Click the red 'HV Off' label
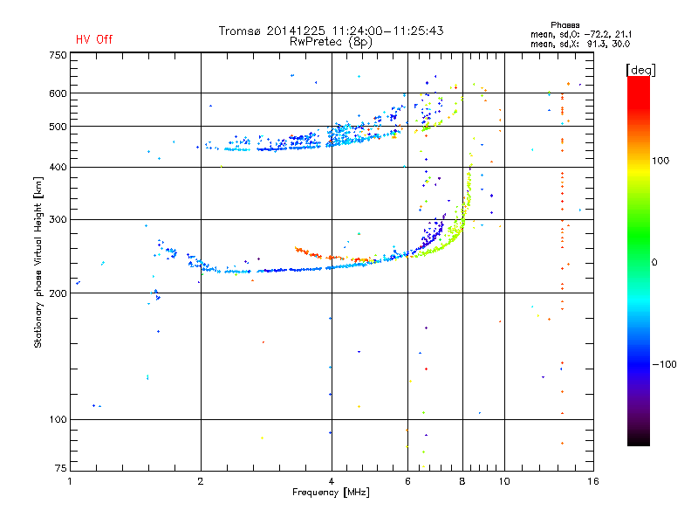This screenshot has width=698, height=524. click(94, 39)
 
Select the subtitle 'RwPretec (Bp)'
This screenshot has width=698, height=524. click(331, 41)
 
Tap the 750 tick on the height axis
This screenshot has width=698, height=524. click(58, 55)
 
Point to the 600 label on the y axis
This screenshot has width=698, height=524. click(58, 93)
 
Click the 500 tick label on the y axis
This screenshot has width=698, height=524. click(58, 127)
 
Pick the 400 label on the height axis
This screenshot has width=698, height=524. click(58, 167)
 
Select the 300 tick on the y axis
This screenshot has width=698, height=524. click(58, 219)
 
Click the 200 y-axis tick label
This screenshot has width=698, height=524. click(58, 293)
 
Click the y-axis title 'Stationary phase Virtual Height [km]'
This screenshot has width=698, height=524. click(38, 262)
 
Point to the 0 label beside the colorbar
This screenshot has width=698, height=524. click(654, 262)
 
